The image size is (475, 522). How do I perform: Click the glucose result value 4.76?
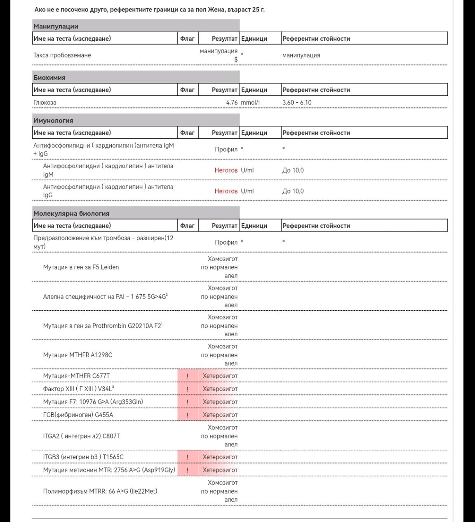tap(232, 102)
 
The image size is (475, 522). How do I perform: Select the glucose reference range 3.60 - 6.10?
tap(297, 102)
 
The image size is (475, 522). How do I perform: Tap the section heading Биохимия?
tap(49, 78)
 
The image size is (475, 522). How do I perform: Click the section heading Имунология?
tap(53, 120)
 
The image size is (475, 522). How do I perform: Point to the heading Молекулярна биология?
tap(71, 213)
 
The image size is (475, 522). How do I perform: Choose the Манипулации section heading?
tap(56, 26)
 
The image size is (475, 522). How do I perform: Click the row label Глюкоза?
tap(45, 102)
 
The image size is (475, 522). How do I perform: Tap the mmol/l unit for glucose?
tap(250, 102)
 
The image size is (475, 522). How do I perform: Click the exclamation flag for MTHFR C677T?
tap(187, 376)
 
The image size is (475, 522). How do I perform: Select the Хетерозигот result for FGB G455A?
tap(220, 415)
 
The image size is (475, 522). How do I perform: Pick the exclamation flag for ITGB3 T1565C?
tap(187, 457)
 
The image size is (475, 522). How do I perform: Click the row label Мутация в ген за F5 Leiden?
tap(81, 267)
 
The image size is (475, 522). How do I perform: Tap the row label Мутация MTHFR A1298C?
tap(78, 355)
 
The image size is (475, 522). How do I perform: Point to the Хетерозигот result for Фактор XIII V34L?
tap(220, 389)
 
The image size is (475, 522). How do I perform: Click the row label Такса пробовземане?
tap(62, 55)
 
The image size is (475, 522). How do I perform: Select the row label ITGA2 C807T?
tap(82, 436)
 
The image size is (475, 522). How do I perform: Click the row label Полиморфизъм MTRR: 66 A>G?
tap(100, 491)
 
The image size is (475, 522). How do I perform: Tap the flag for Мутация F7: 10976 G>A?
tap(187, 402)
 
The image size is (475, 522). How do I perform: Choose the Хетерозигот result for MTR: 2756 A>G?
tap(220, 470)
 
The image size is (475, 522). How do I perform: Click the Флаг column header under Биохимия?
tap(187, 90)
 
